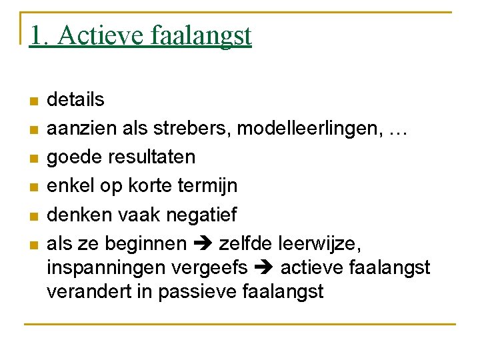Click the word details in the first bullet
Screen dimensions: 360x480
pos(75,100)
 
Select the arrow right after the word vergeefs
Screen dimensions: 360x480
pos(264,268)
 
